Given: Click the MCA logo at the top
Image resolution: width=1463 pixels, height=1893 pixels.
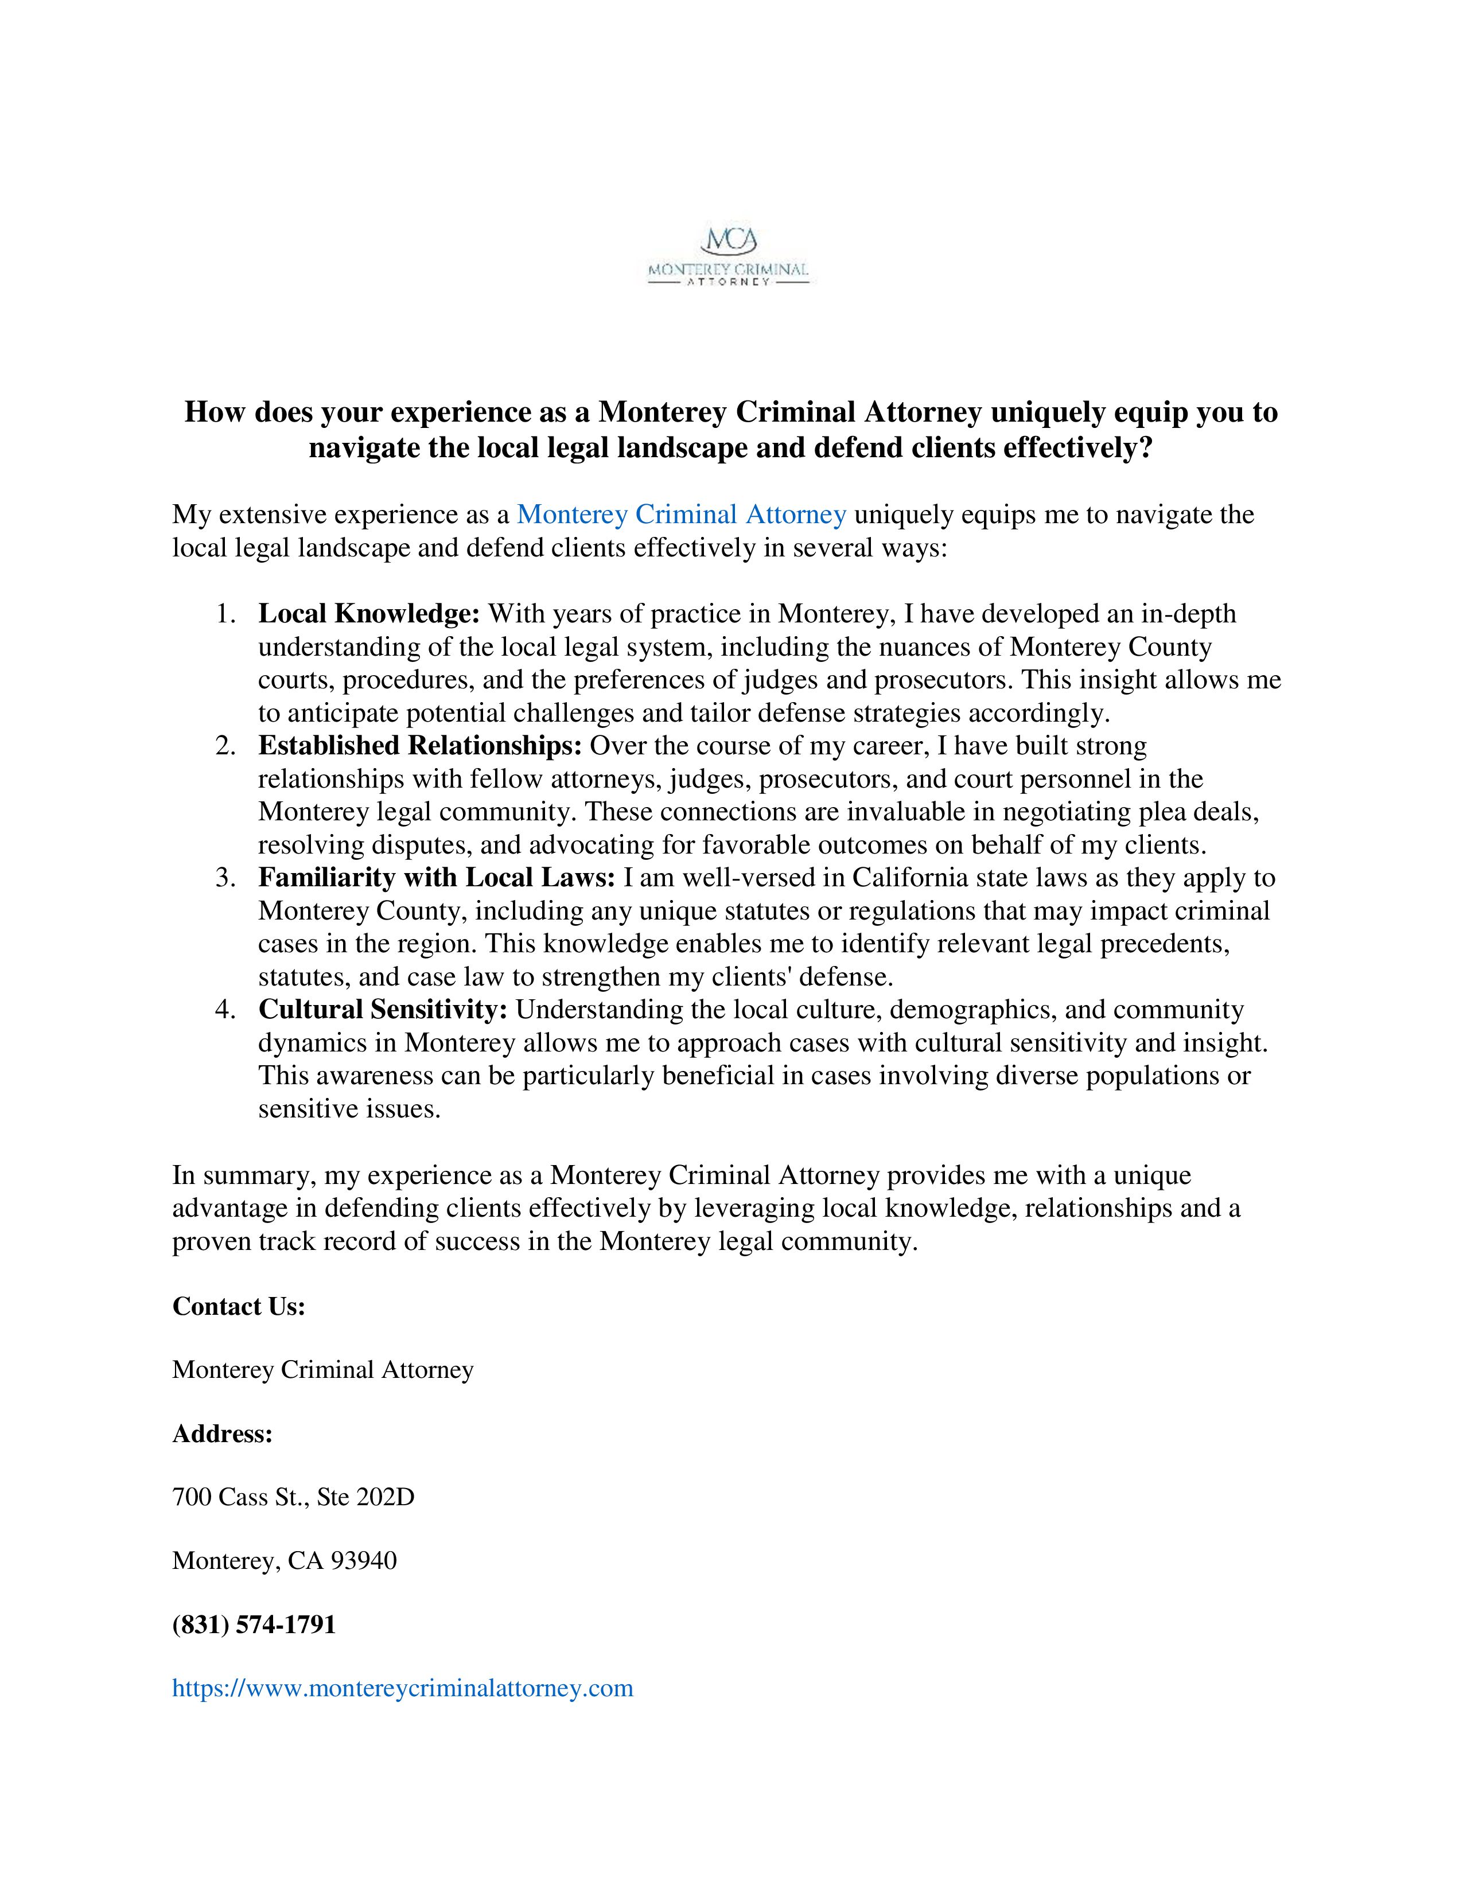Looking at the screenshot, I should point(729,256).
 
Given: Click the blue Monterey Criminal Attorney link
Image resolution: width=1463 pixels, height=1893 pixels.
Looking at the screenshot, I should point(681,515).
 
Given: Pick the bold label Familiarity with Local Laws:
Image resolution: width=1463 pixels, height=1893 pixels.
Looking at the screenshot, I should point(437,878).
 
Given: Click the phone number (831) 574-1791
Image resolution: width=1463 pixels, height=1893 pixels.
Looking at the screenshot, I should point(254,1625).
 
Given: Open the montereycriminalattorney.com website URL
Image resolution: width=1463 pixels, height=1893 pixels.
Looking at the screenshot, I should point(403,1688).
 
